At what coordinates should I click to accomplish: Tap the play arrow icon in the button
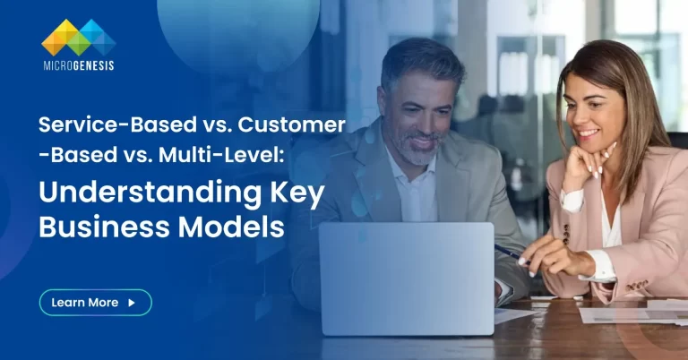pyautogui.click(x=132, y=303)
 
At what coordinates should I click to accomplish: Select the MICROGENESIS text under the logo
pyautogui.click(x=78, y=65)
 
